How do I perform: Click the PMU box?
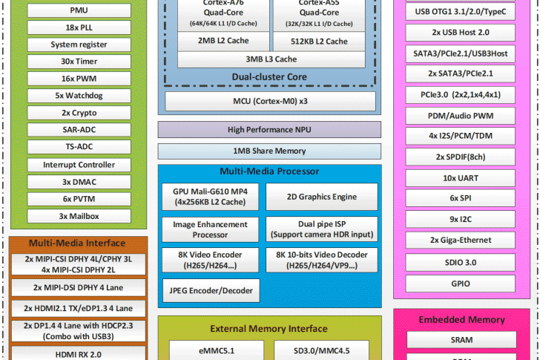click(79, 10)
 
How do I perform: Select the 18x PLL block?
click(79, 27)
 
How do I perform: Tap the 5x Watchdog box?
click(79, 96)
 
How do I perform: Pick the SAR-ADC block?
click(79, 130)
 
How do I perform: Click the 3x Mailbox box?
click(79, 216)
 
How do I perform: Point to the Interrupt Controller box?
click(79, 165)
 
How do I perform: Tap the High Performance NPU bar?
click(269, 130)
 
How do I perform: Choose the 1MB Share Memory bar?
click(269, 151)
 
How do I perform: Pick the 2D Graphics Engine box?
click(321, 197)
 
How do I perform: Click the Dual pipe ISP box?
click(321, 229)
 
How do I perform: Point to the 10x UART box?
click(460, 179)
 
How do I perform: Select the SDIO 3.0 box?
click(460, 262)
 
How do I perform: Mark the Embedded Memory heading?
click(461, 319)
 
